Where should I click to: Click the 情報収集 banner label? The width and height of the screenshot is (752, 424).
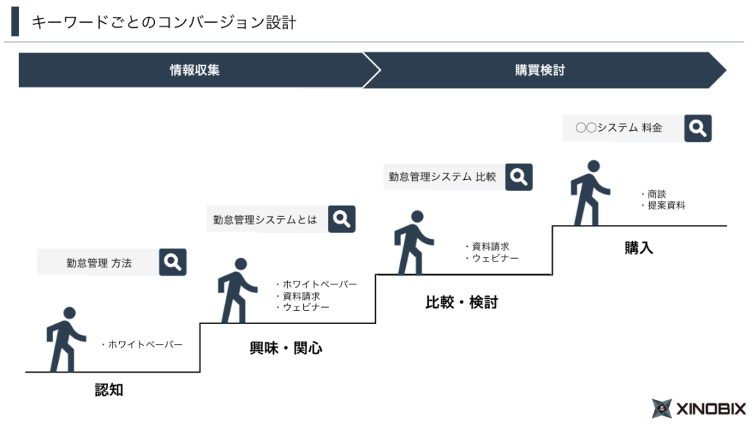click(x=195, y=71)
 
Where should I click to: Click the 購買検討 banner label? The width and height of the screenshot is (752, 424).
click(x=540, y=71)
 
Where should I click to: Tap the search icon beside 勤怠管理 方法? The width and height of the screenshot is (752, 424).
click(x=173, y=262)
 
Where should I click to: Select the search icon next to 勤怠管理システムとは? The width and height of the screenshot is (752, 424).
click(x=341, y=219)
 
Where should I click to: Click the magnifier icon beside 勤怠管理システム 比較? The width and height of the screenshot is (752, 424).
click(x=518, y=176)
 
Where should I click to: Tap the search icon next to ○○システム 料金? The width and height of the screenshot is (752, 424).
click(x=698, y=128)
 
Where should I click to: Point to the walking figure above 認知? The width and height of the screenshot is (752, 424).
click(x=64, y=339)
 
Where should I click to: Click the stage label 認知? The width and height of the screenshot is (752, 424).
click(x=109, y=390)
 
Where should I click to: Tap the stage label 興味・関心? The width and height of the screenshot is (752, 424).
click(x=286, y=348)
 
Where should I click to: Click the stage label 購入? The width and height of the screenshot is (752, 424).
click(x=638, y=248)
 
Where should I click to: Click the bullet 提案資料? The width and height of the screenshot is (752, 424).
click(x=665, y=206)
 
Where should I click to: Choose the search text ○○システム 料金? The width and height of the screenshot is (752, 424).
click(x=619, y=128)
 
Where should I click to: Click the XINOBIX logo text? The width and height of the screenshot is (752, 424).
click(x=709, y=409)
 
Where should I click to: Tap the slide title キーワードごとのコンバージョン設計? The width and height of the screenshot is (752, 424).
click(x=163, y=23)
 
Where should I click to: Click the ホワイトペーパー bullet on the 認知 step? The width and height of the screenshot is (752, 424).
click(x=144, y=344)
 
